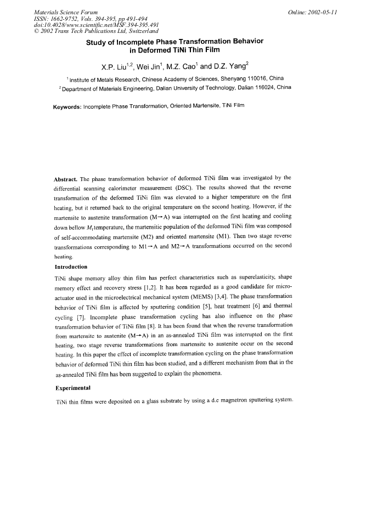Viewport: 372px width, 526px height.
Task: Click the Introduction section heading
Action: tap(71, 267)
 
